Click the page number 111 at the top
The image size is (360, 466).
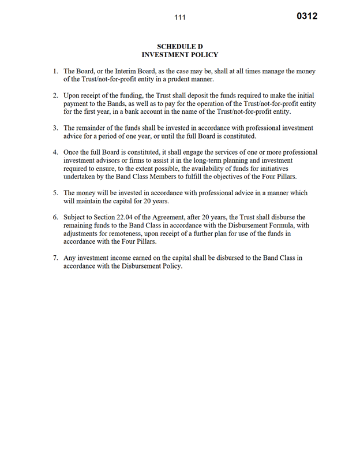tap(180, 18)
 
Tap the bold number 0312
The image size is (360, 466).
tap(307, 16)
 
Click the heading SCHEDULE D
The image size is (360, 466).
tap(180, 46)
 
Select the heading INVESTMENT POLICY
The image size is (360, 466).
tap(180, 55)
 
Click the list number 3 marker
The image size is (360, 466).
tap(55, 128)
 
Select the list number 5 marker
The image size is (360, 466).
tap(55, 193)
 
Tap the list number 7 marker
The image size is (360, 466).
tap(55, 258)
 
